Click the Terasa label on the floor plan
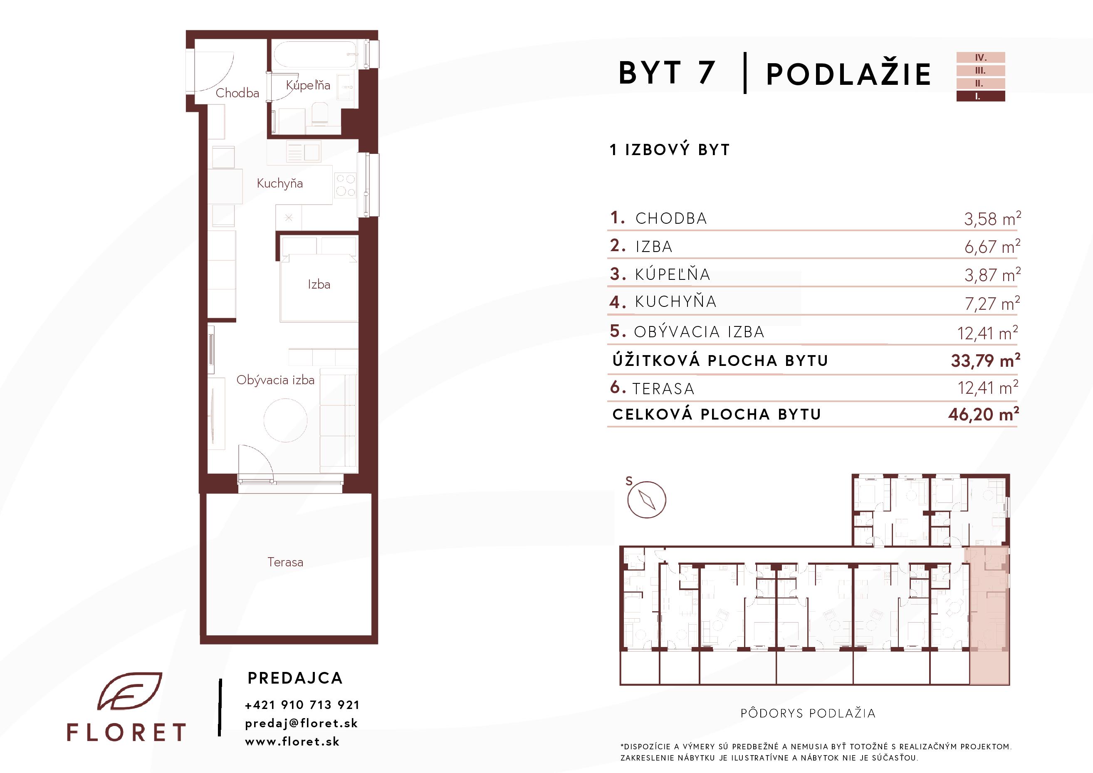click(285, 562)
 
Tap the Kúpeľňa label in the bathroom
click(308, 85)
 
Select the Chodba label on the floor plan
click(237, 93)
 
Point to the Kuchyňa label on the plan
click(279, 184)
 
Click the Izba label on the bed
click(319, 285)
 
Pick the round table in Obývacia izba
click(286, 420)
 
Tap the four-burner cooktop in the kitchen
click(346, 185)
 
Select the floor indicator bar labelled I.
click(981, 96)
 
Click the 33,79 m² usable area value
click(985, 361)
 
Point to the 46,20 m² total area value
click(984, 414)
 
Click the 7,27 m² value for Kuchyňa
click(992, 303)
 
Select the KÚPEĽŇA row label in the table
click(673, 274)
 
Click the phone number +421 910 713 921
click(302, 705)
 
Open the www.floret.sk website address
click(292, 741)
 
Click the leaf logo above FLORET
click(130, 691)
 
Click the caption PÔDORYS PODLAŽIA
click(808, 713)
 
